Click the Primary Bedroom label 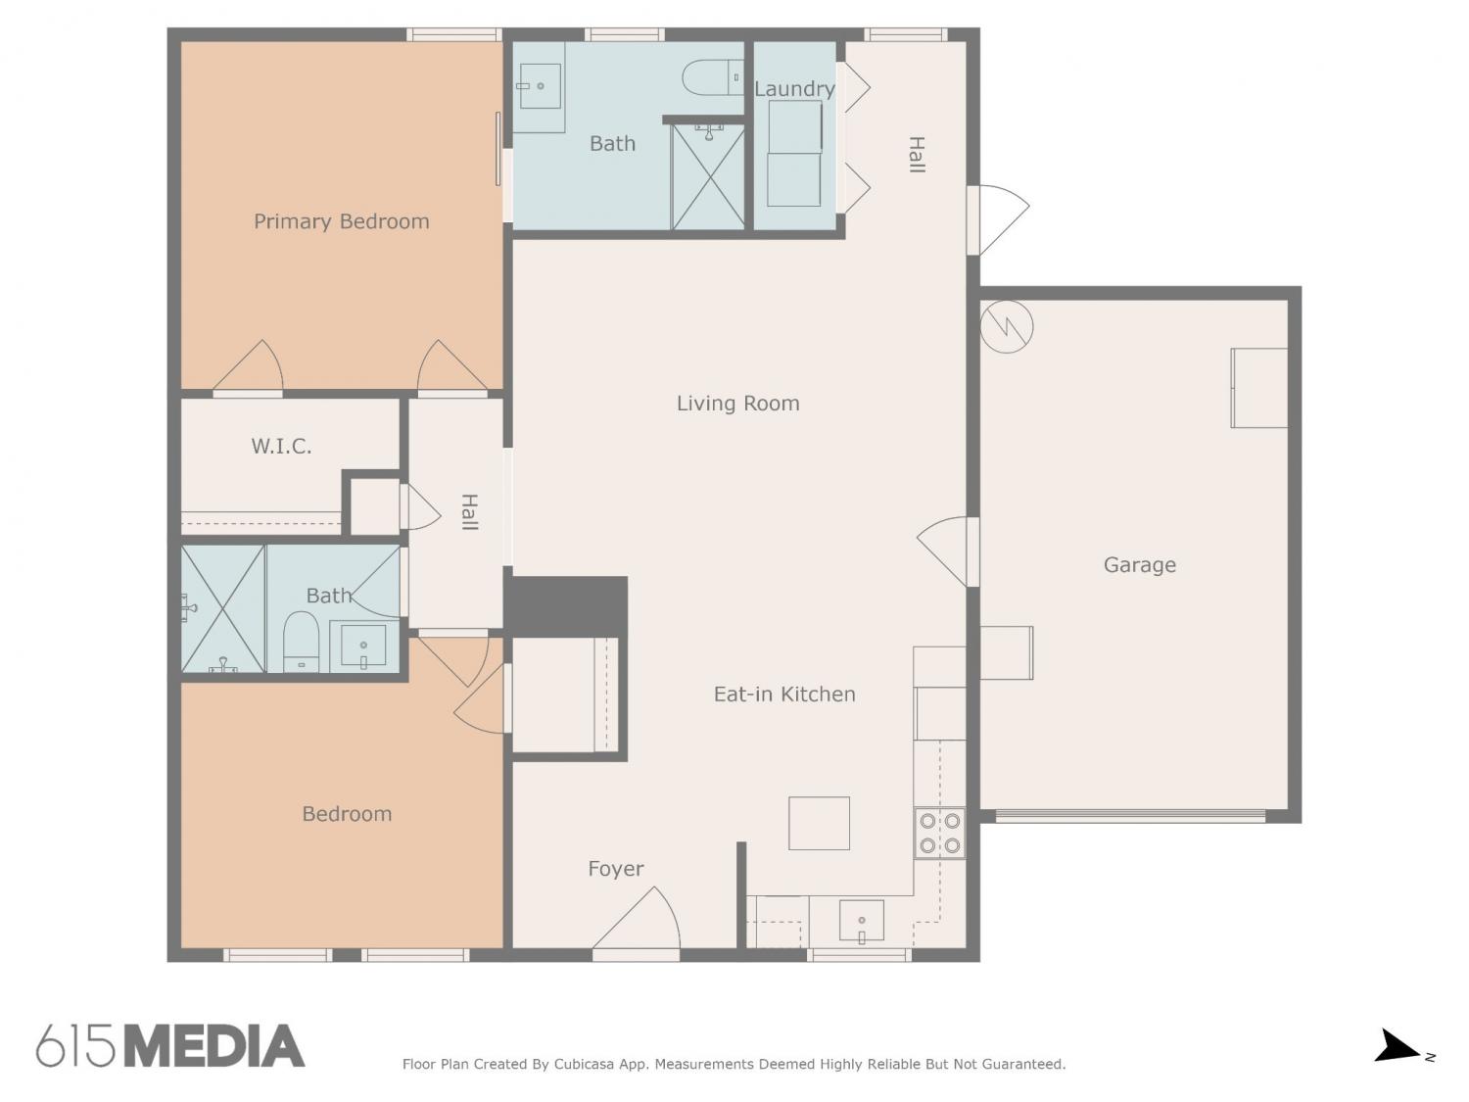(342, 221)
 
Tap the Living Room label (737, 403)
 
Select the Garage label (1139, 565)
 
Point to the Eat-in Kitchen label (784, 694)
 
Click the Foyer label (616, 869)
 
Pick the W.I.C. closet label (281, 447)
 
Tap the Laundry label (794, 89)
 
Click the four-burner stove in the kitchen (939, 834)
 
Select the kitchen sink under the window (861, 922)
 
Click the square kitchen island (819, 823)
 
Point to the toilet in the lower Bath (301, 642)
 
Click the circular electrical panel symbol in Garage (1007, 326)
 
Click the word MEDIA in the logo (214, 1046)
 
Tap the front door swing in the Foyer (637, 918)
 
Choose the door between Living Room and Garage (948, 551)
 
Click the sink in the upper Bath (540, 86)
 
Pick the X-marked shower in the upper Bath (708, 176)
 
